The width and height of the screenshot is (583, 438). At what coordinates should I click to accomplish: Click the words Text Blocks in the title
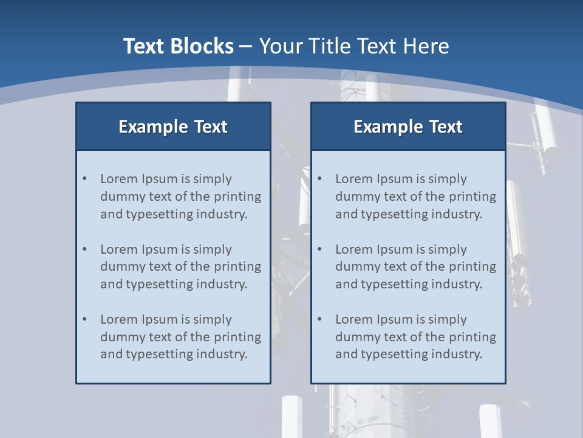(x=178, y=46)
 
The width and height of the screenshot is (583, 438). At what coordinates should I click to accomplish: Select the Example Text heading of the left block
(x=173, y=127)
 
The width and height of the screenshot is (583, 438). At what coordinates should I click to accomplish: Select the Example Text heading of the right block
(x=408, y=127)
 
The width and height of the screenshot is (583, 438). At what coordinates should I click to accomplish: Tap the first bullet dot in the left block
(x=84, y=179)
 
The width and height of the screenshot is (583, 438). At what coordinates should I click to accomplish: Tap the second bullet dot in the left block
(x=84, y=249)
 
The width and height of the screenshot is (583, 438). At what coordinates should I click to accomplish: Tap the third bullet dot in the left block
(x=84, y=319)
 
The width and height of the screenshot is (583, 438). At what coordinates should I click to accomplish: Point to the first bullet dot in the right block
(x=319, y=179)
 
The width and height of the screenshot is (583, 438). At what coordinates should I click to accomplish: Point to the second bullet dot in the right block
(x=319, y=249)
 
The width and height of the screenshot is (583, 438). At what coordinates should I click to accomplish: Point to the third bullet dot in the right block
(x=319, y=319)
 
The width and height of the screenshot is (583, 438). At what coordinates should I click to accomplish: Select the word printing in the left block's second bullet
(x=240, y=266)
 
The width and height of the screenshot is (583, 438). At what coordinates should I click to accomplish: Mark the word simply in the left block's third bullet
(x=213, y=319)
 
